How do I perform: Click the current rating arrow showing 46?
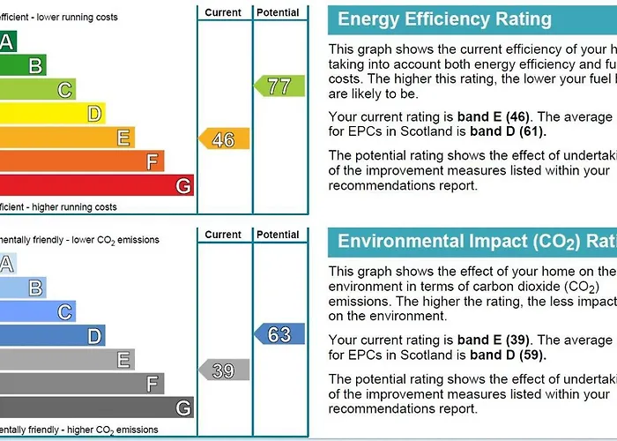[224, 139]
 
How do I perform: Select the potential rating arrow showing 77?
[279, 86]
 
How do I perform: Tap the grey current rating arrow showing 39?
[224, 370]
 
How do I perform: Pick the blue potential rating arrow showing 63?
[279, 334]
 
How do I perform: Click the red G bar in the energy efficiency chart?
[97, 186]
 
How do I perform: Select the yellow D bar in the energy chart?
[53, 113]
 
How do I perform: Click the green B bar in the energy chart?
[23, 64]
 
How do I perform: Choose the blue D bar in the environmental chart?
[53, 335]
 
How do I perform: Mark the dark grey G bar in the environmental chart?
[97, 407]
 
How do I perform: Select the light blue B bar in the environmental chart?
[23, 288]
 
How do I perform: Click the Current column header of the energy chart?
[223, 12]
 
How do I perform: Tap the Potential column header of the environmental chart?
[279, 235]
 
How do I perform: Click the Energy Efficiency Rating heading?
[444, 19]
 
